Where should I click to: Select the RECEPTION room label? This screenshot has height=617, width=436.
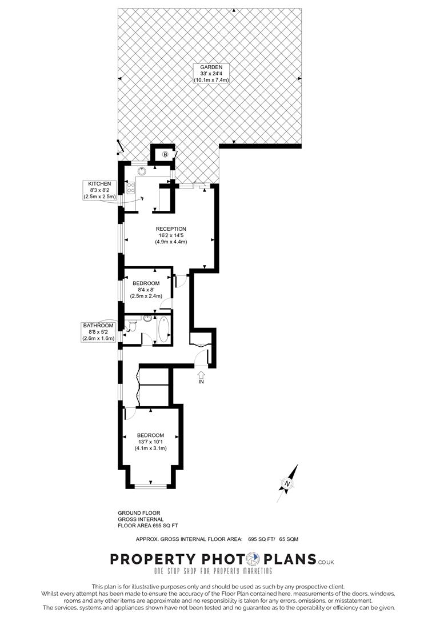[171, 229]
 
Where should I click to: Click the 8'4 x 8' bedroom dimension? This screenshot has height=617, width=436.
[146, 290]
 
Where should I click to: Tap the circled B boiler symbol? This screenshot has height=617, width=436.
[166, 154]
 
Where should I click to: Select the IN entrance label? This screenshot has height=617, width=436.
[201, 382]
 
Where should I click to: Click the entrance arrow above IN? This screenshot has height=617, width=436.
[201, 374]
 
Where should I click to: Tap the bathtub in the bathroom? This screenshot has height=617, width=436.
[164, 330]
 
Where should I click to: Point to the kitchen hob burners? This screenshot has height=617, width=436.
[130, 189]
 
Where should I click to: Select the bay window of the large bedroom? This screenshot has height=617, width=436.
[151, 486]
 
